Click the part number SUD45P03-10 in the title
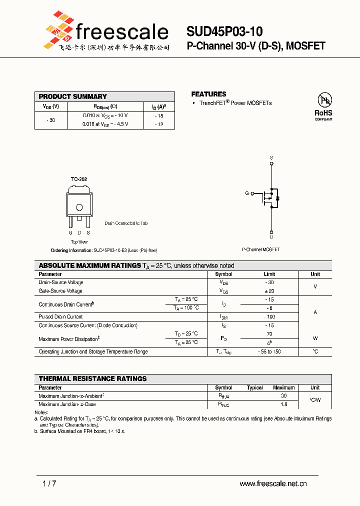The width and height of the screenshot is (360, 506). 224,32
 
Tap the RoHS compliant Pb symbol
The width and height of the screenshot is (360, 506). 323,100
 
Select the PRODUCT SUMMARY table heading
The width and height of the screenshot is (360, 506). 73,96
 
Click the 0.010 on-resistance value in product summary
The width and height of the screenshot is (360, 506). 90,115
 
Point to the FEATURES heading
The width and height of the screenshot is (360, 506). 208,94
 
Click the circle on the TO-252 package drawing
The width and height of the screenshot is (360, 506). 79,207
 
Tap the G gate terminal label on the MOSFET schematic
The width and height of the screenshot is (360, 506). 246,193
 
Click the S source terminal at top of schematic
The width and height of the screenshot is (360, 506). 271,158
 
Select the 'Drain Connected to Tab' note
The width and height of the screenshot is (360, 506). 126,223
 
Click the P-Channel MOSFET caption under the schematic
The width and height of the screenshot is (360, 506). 261,249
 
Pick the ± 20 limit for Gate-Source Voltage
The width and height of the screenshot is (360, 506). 269,291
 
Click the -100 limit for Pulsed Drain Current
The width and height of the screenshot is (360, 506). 269,316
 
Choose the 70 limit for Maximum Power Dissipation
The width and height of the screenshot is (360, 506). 269,333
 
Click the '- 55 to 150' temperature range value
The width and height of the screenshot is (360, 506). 269,351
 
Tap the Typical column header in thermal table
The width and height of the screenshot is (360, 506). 254,387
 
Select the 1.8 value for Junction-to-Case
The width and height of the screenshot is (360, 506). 283,404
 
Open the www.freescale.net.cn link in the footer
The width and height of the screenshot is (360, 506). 273,483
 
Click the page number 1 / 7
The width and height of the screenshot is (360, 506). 49,483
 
